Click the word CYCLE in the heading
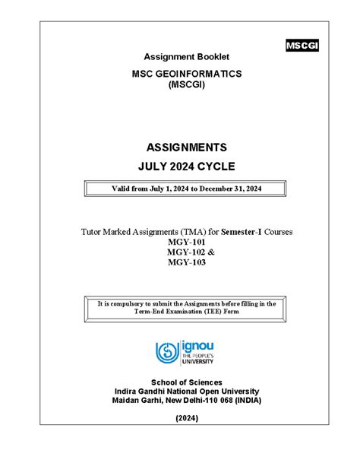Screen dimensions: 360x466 tap(216, 166)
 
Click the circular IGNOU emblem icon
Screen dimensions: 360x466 tap(167, 351)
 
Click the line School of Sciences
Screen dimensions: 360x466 tap(186, 382)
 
